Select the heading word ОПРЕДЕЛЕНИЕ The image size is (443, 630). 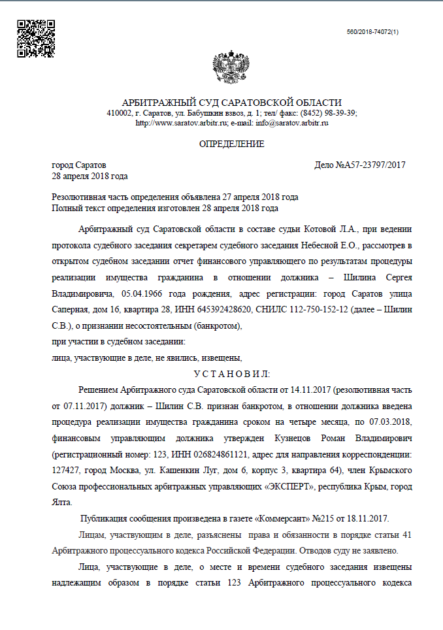(231, 144)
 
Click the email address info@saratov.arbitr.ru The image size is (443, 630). (291, 122)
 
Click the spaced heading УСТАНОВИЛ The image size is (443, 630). (232, 373)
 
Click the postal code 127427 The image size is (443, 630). (65, 470)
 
